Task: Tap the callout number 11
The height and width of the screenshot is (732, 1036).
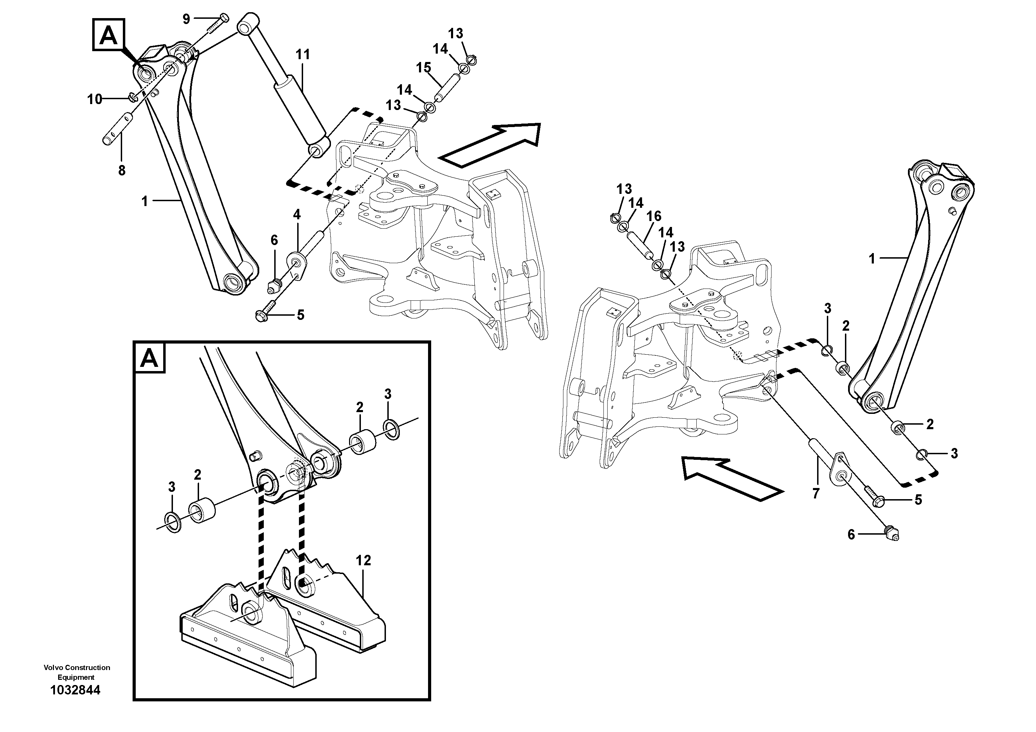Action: [x=303, y=55]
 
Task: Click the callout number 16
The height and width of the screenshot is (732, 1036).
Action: [x=654, y=217]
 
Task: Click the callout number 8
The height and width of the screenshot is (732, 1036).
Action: [x=121, y=171]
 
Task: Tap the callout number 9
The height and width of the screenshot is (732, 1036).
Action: [x=186, y=19]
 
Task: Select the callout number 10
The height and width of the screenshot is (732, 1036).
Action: [x=95, y=99]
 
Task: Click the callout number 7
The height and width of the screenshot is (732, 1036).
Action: [x=815, y=494]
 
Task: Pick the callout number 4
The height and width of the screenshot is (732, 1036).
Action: [x=296, y=214]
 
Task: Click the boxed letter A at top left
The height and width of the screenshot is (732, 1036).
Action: [x=109, y=34]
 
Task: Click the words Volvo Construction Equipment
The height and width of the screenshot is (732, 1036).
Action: [x=77, y=672]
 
